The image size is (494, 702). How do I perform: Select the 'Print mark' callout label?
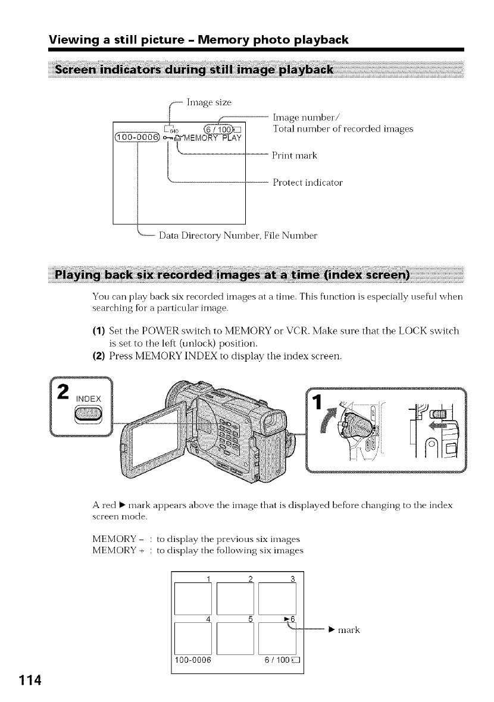[295, 156]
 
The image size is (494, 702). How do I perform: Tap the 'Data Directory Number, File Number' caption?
[238, 235]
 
